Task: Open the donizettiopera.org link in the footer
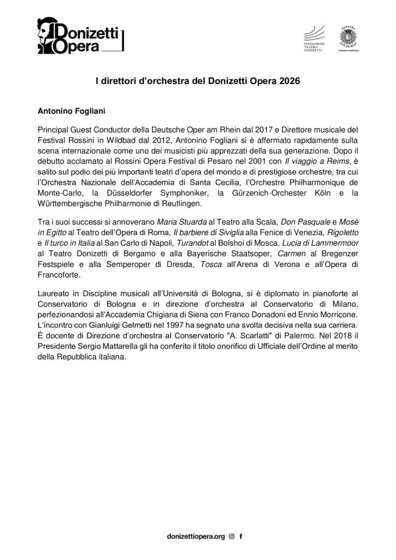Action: pyautogui.click(x=195, y=538)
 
